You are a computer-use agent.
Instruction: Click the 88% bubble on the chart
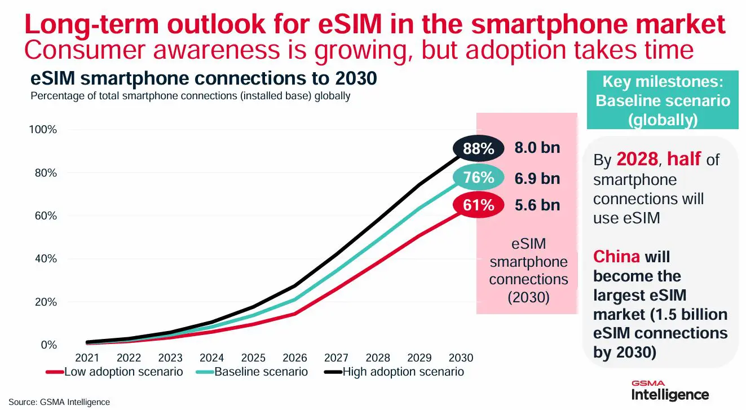coord(478,149)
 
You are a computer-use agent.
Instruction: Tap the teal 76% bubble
coord(478,178)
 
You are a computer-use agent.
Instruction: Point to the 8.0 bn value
coord(537,148)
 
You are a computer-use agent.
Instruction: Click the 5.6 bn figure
coord(537,205)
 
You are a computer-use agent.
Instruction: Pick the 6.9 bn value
coord(537,178)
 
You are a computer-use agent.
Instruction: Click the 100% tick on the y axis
coord(43,130)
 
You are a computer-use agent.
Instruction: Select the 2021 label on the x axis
coord(87,358)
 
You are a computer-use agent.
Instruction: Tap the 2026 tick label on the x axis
coord(294,358)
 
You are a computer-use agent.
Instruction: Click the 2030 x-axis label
coord(461,358)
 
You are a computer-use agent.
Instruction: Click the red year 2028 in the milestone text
coord(637,160)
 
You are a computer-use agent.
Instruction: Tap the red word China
coord(616,257)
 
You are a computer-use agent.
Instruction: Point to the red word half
coord(683,160)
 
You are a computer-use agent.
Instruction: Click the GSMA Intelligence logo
coord(669,390)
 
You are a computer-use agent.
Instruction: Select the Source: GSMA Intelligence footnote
coord(59,402)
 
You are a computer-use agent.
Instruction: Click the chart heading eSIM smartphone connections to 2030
coord(203,80)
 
